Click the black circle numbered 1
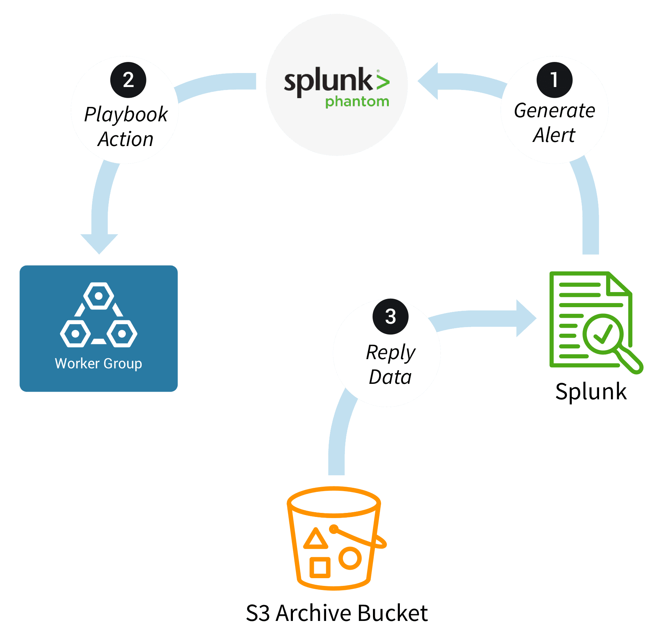point(554,80)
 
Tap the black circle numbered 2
point(128,80)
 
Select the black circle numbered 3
point(390,316)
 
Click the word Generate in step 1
point(554,111)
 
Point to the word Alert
point(554,135)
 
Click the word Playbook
point(126,114)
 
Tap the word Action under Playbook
point(125,139)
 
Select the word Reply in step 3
point(390,353)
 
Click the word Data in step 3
point(390,377)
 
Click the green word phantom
point(357,101)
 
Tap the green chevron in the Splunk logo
point(383,81)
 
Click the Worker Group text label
point(98,364)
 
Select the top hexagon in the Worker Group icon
point(98,296)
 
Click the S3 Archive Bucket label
point(337,613)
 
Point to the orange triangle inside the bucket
point(315,539)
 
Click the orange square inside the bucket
point(319,567)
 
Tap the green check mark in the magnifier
point(602,334)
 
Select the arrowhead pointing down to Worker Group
point(99,243)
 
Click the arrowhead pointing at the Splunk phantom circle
point(429,81)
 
